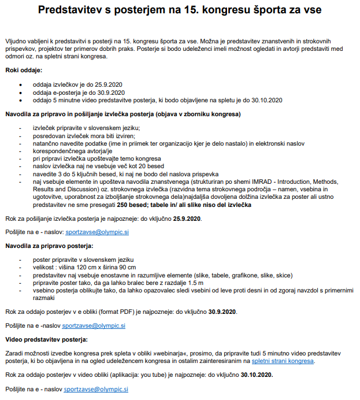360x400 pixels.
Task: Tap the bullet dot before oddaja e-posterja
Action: (21, 92)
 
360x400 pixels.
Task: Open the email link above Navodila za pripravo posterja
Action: (97, 232)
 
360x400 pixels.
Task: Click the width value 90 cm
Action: (126, 268)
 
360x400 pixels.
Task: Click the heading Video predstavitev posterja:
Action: (47, 340)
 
